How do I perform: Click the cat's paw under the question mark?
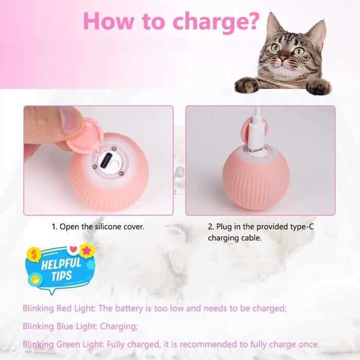pyautogui.click(x=247, y=85)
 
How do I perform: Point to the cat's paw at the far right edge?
pyautogui.click(x=319, y=87)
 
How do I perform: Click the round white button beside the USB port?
pyautogui.click(x=114, y=165)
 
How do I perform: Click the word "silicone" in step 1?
pyautogui.click(x=108, y=227)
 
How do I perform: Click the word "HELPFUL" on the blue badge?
pyautogui.click(x=61, y=263)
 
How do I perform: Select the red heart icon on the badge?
pyautogui.click(x=73, y=249)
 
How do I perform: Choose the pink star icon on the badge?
pyautogui.click(x=86, y=251)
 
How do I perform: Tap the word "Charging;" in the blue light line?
pyautogui.click(x=119, y=327)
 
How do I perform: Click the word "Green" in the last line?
pyautogui.click(x=68, y=345)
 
